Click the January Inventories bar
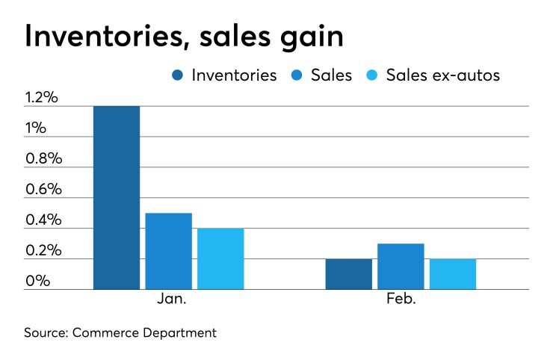(117, 197)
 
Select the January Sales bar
(168, 251)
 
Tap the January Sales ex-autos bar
(220, 258)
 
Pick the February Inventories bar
(348, 274)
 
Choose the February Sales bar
(401, 267)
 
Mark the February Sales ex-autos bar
(453, 274)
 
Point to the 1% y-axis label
(36, 128)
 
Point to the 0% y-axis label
(37, 282)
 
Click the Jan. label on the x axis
(169, 300)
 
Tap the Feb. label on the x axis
(401, 300)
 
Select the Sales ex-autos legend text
(442, 75)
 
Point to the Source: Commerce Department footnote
(121, 332)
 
